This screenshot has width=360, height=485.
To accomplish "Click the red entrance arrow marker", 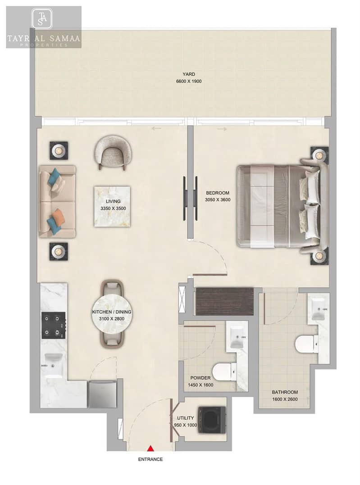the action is tap(150, 448).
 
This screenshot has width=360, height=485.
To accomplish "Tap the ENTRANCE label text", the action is tap(150, 459).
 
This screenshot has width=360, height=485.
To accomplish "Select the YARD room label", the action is tap(189, 74).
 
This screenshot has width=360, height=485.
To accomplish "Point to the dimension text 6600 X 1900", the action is tap(189, 82).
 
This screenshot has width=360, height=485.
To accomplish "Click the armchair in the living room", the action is tap(113, 152).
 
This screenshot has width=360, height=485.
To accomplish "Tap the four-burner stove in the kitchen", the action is tap(54, 325).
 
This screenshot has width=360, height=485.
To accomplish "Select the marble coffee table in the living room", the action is tap(112, 206).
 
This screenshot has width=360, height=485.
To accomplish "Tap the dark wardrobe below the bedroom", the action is tap(225, 302).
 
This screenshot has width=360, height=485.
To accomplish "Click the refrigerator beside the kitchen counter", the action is tap(102, 394).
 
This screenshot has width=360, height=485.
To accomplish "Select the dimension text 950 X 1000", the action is tap(186, 425).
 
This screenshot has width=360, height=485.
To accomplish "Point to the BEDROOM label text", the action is tap(218, 193).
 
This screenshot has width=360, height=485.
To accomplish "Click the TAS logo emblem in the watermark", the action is tap(42, 18).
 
